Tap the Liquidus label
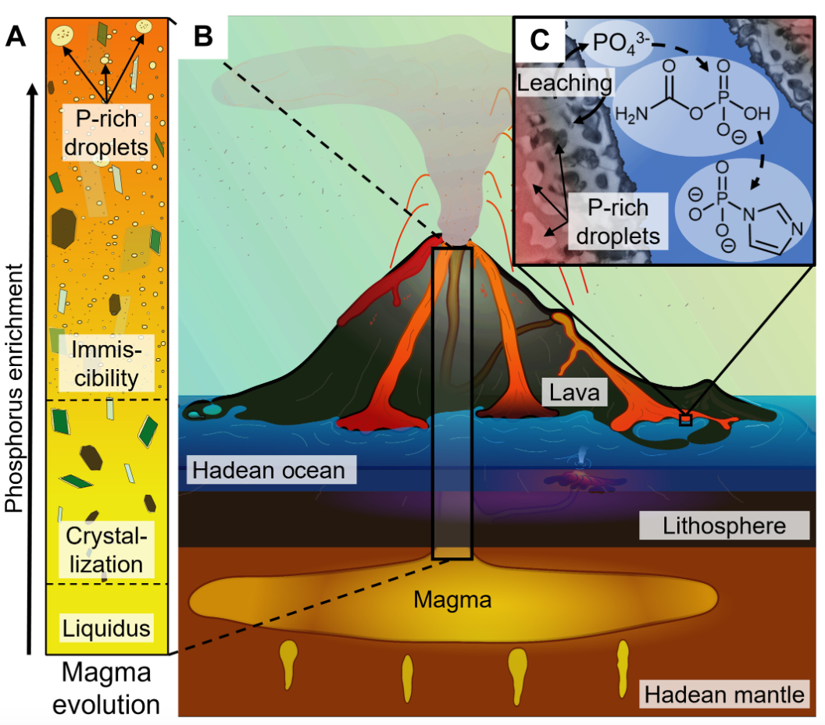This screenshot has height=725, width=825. tap(105, 626)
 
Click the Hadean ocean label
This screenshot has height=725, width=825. tap(268, 471)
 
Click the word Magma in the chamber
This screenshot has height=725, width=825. tap(452, 600)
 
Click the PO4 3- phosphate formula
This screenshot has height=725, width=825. tap(617, 40)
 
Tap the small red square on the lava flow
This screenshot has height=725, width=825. tap(685, 420)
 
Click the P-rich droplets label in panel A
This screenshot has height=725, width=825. tap(105, 133)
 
